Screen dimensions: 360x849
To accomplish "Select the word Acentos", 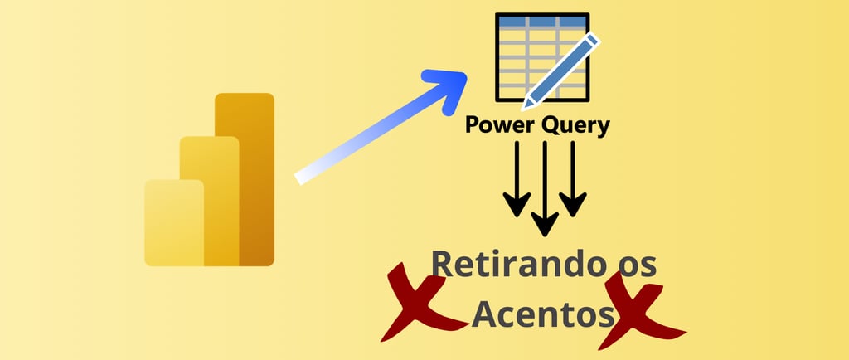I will coord(544,314).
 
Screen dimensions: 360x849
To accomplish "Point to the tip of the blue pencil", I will coord(524,107).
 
